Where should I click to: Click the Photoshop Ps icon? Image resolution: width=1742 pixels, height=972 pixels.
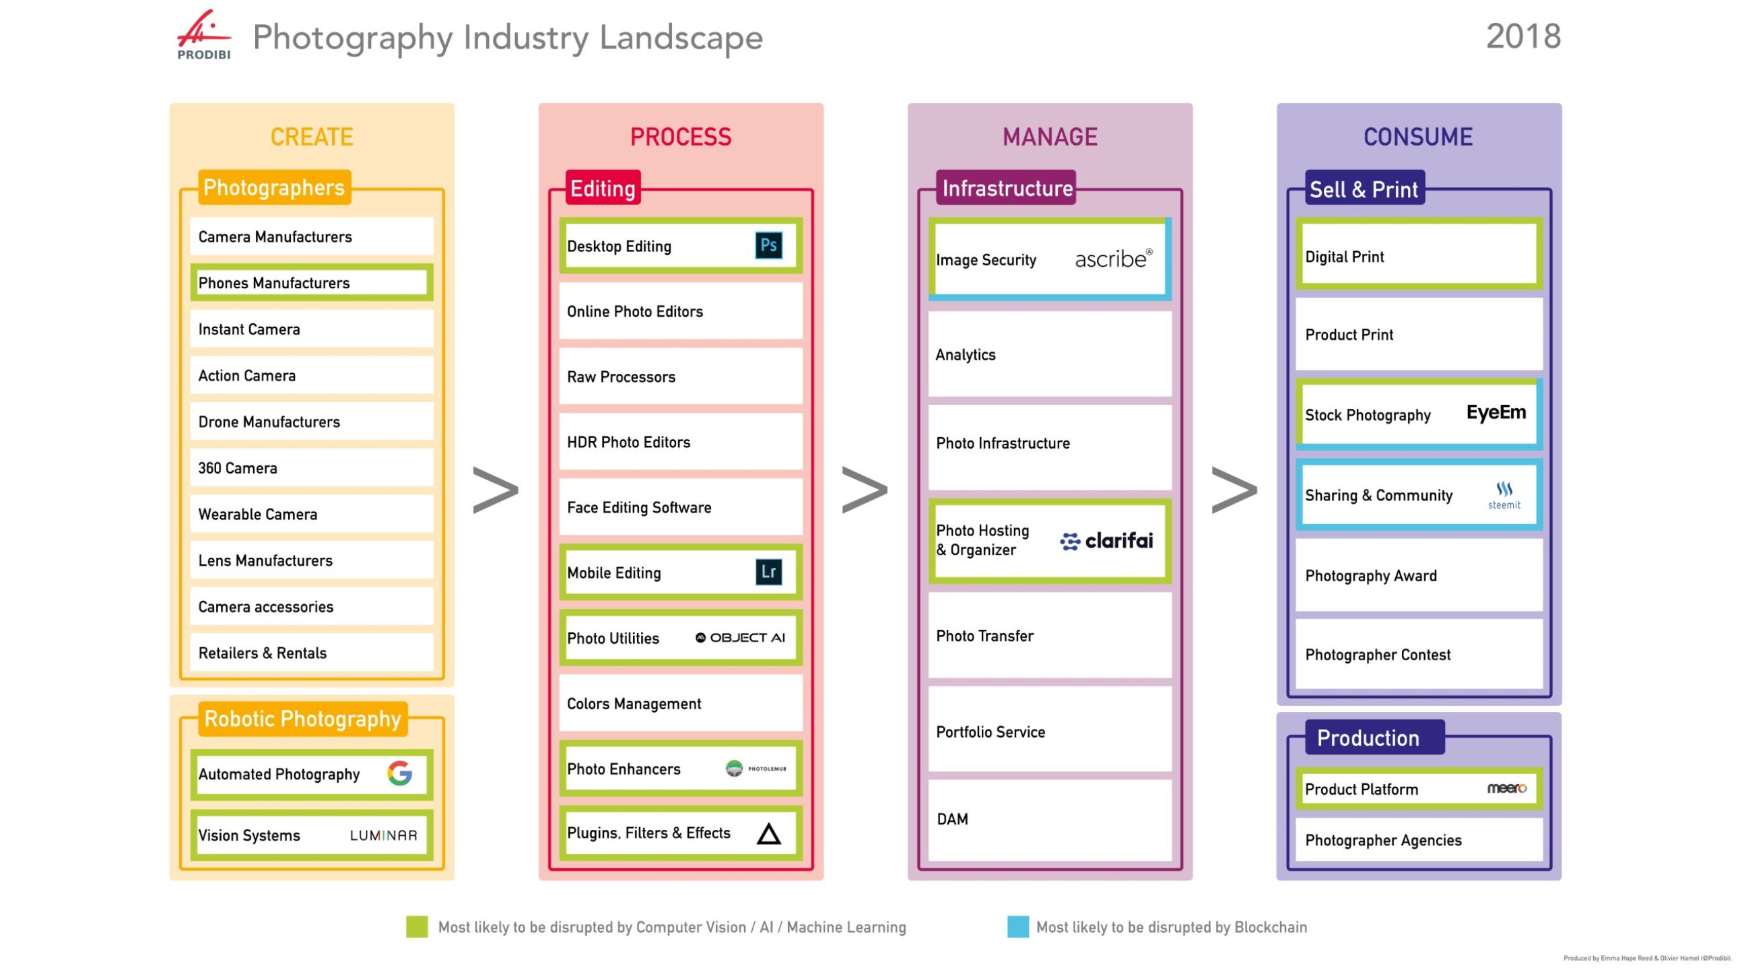tap(768, 245)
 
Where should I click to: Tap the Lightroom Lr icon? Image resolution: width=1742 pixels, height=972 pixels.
tap(768, 572)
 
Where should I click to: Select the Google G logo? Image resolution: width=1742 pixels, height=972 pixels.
tap(400, 773)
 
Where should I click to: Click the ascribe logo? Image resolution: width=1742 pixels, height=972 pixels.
tap(1113, 259)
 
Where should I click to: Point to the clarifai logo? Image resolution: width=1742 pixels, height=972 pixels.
tap(1106, 540)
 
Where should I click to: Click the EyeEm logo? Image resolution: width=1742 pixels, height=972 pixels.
tap(1495, 413)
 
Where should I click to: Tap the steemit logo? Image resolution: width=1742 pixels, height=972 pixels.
tap(1503, 495)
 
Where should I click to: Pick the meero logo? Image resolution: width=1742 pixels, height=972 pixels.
tap(1506, 788)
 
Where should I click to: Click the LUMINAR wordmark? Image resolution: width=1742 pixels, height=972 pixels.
tap(383, 835)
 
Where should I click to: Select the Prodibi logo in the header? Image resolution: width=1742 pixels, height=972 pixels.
tap(203, 35)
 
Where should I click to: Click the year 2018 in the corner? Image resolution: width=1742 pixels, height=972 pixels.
tap(1523, 36)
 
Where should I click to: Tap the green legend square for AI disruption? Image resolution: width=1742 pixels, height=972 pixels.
tap(417, 926)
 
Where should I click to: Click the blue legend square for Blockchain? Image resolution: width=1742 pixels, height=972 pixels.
tap(1017, 926)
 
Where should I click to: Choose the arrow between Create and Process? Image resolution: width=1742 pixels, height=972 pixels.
tap(496, 489)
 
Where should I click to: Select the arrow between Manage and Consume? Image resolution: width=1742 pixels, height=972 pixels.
tap(1234, 489)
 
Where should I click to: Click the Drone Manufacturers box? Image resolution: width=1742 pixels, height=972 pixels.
tap(311, 422)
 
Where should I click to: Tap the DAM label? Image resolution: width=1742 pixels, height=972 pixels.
tap(952, 819)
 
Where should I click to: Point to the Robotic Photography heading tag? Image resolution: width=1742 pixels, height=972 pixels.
tap(302, 718)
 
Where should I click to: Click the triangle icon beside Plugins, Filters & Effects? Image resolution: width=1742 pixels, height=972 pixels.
tap(768, 834)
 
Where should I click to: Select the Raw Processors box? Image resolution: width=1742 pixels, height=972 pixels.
tap(680, 377)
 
